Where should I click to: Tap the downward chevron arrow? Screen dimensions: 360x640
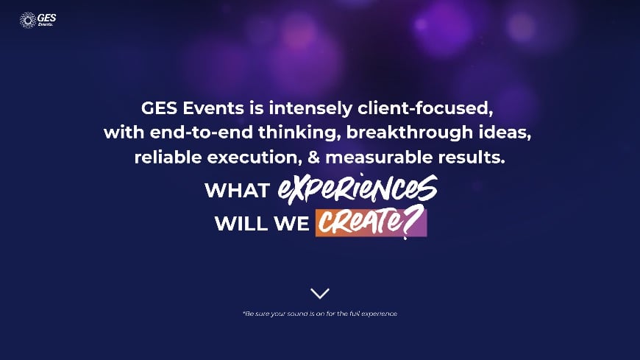(x=320, y=293)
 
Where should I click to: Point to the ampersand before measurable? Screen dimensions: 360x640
(x=313, y=158)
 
